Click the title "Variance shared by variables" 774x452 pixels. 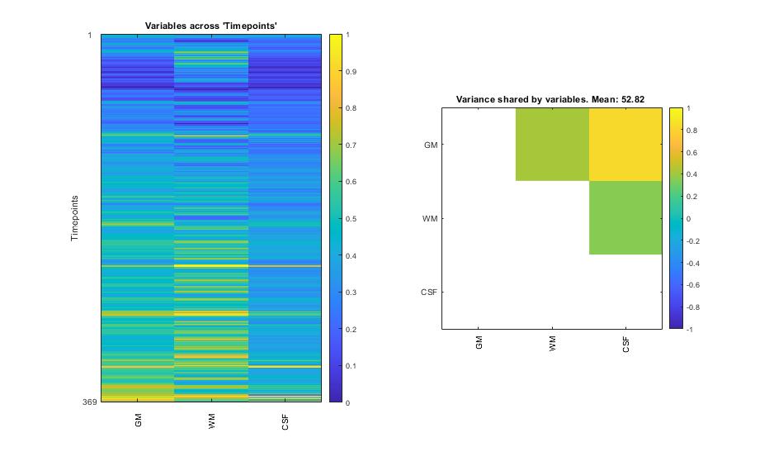pos(550,100)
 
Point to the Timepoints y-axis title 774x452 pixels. pos(73,218)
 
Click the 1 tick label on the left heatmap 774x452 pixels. pos(90,35)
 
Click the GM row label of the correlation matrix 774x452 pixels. pos(430,145)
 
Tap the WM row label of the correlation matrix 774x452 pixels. pos(430,218)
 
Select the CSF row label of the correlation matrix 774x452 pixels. pos(429,292)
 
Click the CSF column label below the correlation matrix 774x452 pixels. pos(625,346)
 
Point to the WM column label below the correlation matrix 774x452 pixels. pos(552,345)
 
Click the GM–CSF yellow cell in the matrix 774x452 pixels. pos(625,145)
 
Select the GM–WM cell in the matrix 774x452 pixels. pos(552,145)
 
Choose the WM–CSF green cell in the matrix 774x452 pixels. pos(625,218)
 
